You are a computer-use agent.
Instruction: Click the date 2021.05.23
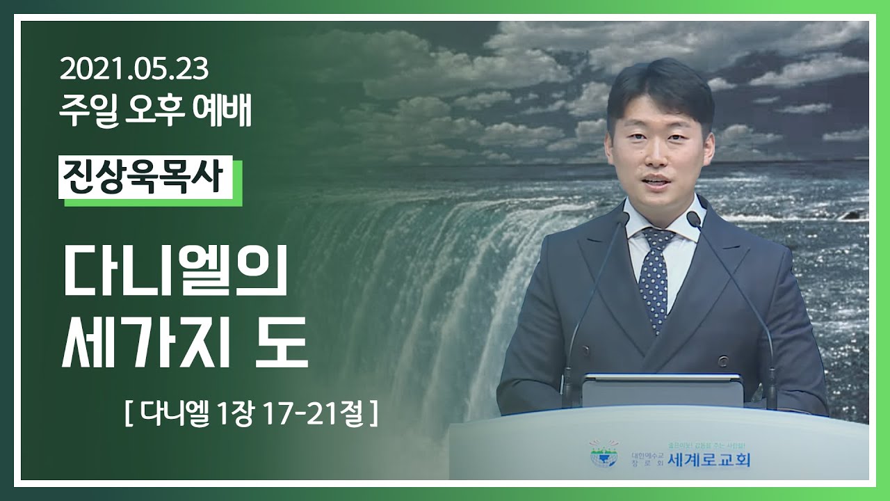coord(134,70)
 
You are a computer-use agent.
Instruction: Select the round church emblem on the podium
coord(604,454)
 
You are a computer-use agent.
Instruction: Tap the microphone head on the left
coord(622,218)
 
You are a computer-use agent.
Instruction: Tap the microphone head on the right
coord(693,218)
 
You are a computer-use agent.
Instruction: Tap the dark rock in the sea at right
coord(850,215)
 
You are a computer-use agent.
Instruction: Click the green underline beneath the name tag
coord(153,202)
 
